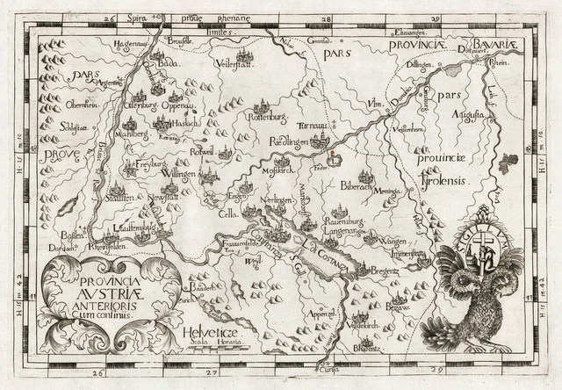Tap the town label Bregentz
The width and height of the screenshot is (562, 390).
click(x=379, y=275)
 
